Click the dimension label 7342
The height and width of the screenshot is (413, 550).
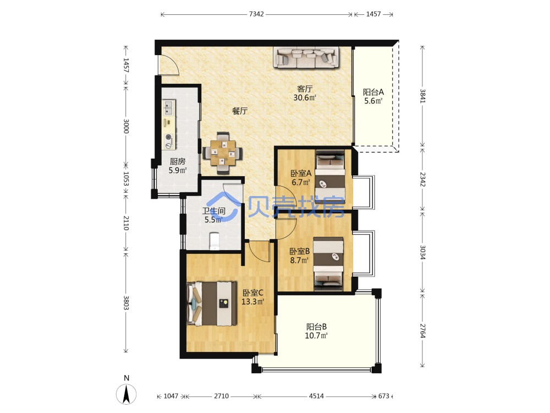256,14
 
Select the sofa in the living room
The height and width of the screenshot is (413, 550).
306,57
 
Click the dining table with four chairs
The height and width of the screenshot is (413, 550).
223,153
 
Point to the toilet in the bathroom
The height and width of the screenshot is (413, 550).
214,241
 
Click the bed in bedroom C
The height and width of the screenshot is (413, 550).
212,303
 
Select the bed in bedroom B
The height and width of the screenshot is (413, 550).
328,264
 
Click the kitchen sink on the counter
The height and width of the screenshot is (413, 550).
169,107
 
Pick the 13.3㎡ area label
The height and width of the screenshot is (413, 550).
252,302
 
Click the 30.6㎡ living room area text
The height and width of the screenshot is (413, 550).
305,97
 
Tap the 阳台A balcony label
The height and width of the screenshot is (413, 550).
373,92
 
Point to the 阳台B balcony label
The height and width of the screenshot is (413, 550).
316,327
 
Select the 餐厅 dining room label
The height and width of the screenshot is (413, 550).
240,111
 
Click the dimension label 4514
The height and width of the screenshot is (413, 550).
316,396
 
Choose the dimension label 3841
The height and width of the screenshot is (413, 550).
422,96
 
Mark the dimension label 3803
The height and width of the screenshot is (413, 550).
127,302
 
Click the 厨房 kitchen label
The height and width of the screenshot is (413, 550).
178,161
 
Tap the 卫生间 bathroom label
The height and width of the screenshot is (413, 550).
213,211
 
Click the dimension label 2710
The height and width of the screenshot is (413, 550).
221,396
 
